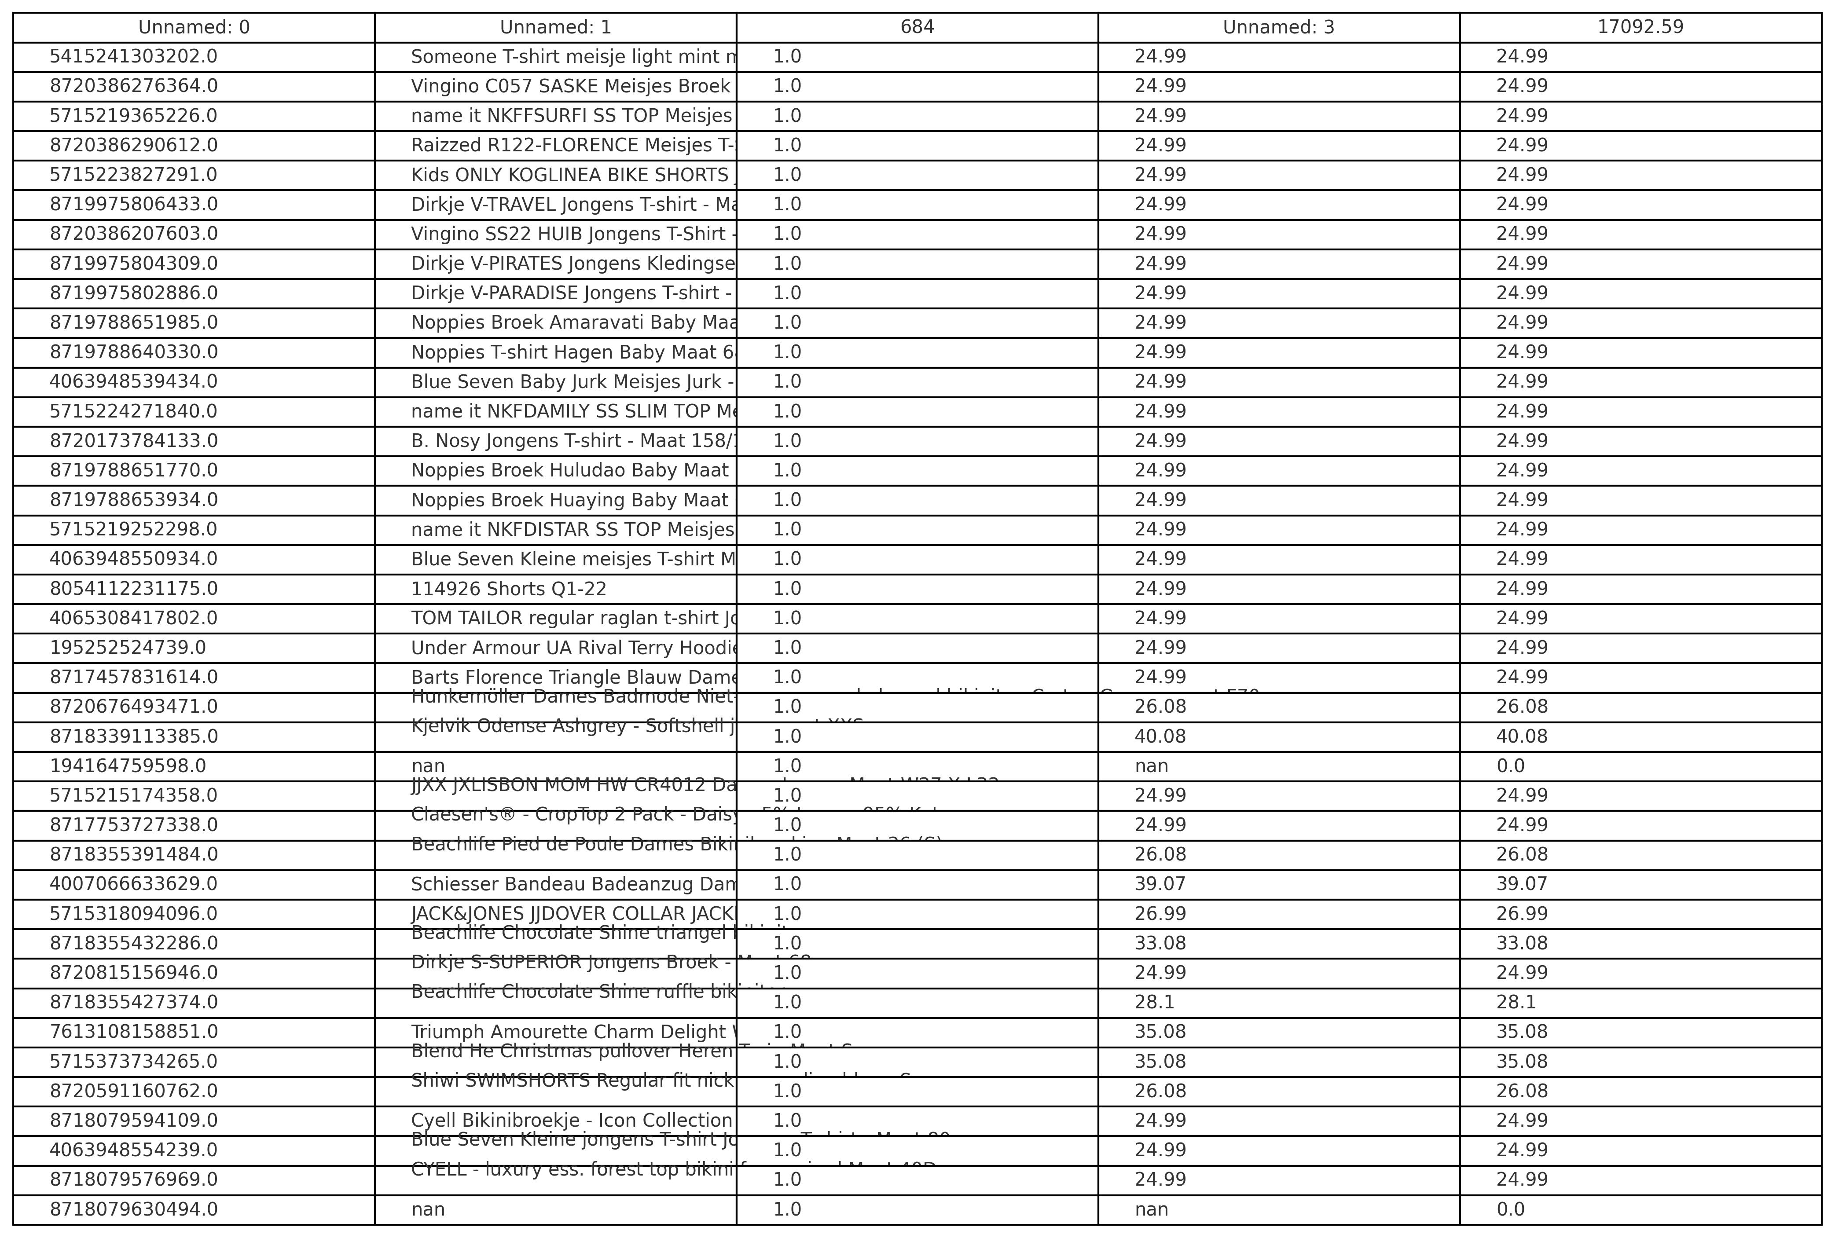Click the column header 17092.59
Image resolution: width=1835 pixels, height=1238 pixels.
tap(1640, 27)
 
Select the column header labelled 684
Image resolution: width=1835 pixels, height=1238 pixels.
tap(917, 27)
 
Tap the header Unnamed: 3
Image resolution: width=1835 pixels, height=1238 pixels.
tap(1278, 27)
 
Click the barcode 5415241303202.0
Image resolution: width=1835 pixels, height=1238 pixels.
tap(133, 57)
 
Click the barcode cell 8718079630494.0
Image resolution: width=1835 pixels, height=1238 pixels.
tap(133, 1209)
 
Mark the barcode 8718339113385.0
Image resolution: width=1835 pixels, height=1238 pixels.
tap(133, 736)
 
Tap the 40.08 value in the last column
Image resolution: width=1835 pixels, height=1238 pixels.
tap(1522, 736)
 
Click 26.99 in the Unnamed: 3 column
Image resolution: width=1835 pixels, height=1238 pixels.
tap(1160, 913)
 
